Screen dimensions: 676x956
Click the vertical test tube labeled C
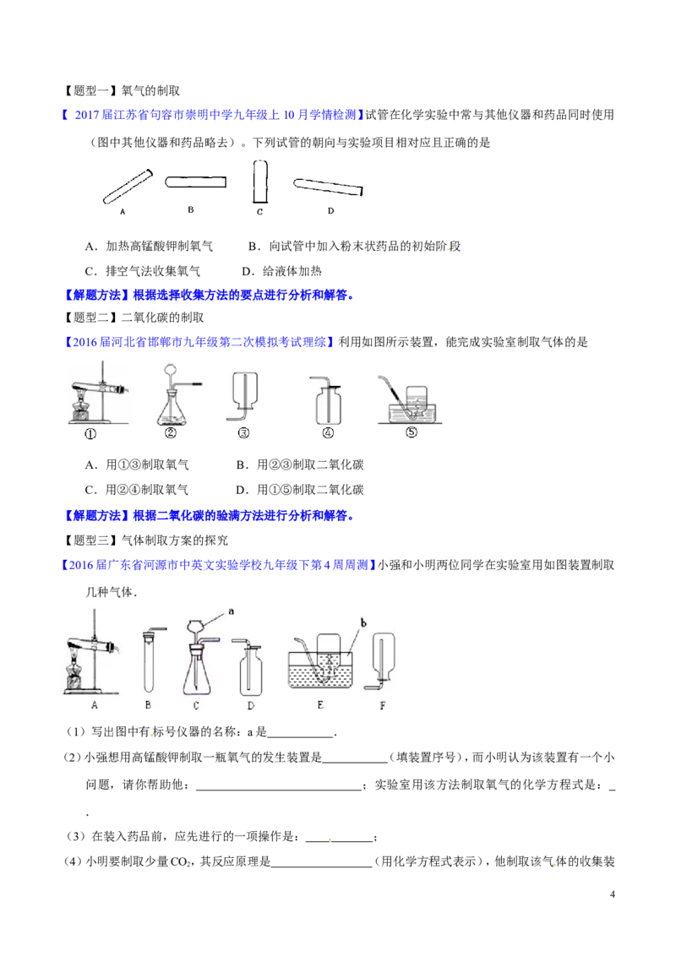[x=260, y=181]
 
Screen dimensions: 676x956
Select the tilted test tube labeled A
[x=128, y=186]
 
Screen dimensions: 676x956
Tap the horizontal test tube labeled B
[x=195, y=182]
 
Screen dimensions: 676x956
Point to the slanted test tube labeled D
[x=328, y=187]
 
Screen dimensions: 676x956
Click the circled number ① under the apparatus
[x=90, y=434]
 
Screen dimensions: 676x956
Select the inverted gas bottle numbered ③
[x=243, y=396]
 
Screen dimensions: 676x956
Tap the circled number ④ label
[x=328, y=433]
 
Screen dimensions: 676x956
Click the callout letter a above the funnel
[x=232, y=611]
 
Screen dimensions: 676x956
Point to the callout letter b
[x=363, y=622]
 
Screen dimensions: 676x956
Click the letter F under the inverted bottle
[x=383, y=706]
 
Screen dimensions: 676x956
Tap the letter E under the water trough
[x=320, y=705]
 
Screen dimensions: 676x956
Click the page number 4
[x=613, y=894]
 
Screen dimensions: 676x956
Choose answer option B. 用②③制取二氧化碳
[x=300, y=464]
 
